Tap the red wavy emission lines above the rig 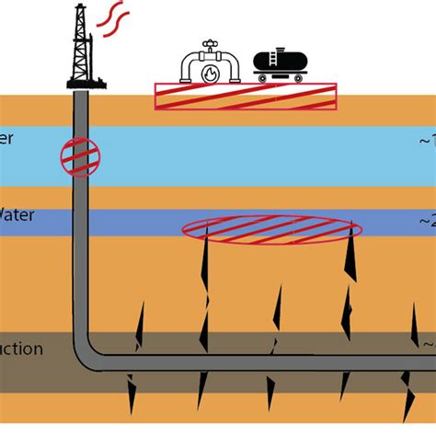pyautogui.click(x=112, y=17)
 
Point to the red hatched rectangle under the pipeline pyautogui.click(x=244, y=97)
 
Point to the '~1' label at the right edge pyautogui.click(x=425, y=141)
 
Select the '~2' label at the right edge pyautogui.click(x=425, y=221)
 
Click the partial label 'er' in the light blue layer pyautogui.click(x=7, y=141)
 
